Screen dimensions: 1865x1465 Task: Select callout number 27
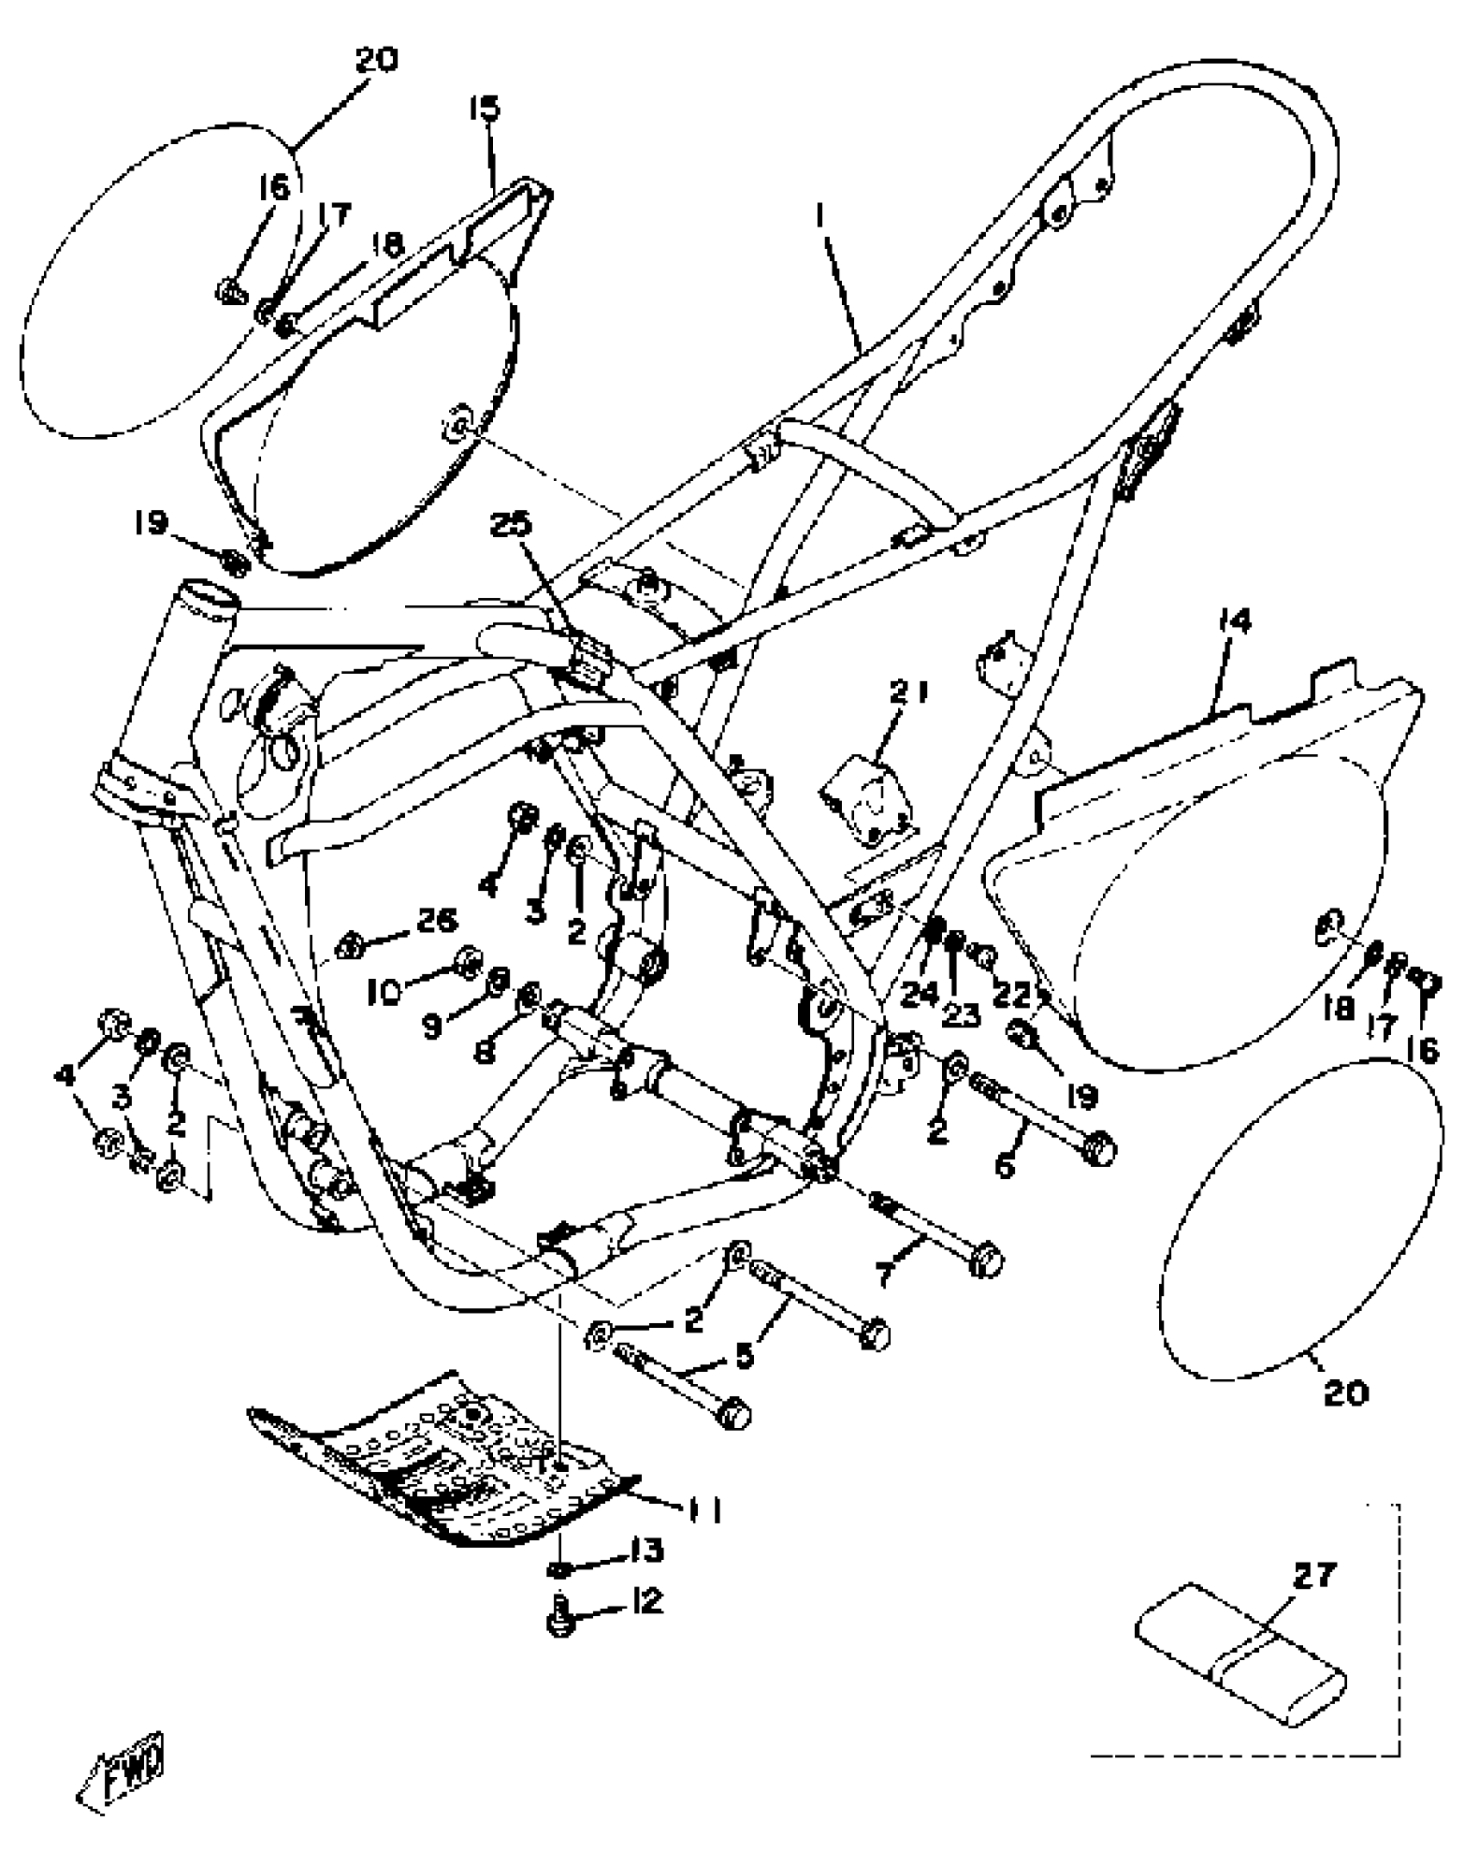(1314, 1576)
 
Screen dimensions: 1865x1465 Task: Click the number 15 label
(484, 109)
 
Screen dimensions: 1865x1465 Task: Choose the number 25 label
(512, 525)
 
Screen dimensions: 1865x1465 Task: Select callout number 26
(436, 921)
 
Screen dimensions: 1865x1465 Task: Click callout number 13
(646, 1551)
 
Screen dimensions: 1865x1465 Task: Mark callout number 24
(920, 994)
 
